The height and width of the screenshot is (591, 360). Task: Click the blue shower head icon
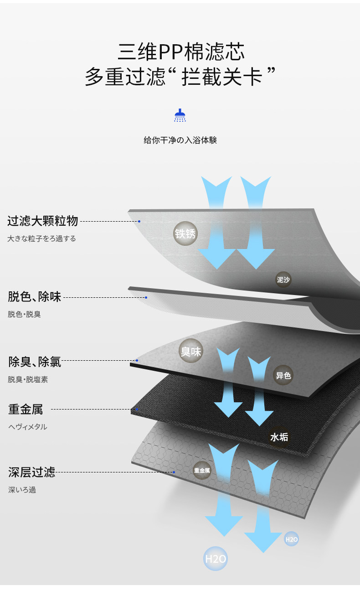(180, 115)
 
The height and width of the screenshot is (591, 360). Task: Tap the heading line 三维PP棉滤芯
(181, 52)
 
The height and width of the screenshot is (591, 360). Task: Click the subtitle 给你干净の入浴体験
(180, 140)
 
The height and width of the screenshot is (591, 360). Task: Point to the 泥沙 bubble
(283, 280)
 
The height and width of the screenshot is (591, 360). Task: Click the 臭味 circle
(190, 351)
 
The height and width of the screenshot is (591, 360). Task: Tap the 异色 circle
(283, 375)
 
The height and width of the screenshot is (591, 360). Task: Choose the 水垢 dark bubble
(279, 437)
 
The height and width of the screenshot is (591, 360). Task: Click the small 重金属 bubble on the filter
(202, 470)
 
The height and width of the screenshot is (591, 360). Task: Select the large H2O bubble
(216, 559)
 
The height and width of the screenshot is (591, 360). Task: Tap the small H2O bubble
(292, 539)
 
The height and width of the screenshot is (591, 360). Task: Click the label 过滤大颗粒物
(43, 222)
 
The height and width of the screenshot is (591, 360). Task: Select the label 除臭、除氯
(35, 362)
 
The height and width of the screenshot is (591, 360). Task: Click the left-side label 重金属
(26, 410)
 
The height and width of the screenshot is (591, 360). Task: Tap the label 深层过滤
(31, 472)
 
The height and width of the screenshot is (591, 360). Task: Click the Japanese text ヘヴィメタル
(28, 427)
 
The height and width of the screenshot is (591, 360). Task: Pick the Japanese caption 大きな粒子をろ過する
(41, 238)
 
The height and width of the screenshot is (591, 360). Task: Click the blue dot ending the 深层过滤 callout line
(174, 472)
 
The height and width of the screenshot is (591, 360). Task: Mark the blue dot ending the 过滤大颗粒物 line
(139, 222)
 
